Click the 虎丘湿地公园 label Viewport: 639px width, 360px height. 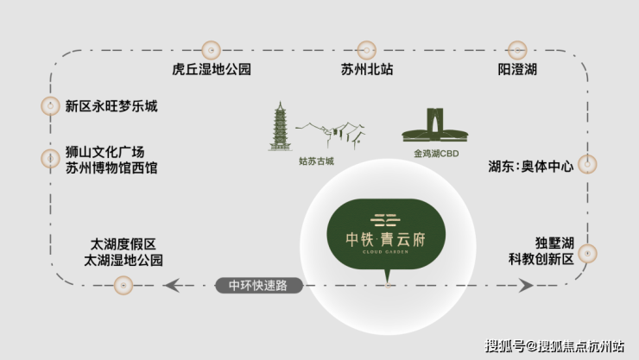pos(211,69)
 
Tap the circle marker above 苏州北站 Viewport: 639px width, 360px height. pos(366,50)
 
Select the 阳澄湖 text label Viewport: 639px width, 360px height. pos(517,69)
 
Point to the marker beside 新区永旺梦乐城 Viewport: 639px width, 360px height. pos(51,106)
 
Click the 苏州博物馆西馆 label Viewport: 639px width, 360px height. pos(111,167)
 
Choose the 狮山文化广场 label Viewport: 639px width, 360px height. pos(105,152)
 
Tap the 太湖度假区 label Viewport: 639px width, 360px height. pos(123,244)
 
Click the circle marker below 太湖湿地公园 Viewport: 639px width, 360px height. pos(123,285)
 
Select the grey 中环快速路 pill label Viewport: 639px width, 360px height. pos(259,286)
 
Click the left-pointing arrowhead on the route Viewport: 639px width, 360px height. pos(172,285)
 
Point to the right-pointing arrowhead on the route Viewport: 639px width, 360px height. pos(526,285)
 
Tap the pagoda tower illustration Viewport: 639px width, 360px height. pos(280,126)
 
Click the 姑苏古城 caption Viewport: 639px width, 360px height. pos(316,161)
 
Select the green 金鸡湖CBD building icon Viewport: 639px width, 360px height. pos(435,125)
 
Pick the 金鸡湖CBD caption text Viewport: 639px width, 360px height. pos(436,154)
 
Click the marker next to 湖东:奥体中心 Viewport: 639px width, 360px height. pos(587,165)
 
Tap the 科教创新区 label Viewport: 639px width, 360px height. pos(541,259)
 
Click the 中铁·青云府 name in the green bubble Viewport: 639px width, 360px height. pos(385,239)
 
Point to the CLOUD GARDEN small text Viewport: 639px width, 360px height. pos(385,252)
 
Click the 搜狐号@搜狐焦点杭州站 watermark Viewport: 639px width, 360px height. pos(554,346)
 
